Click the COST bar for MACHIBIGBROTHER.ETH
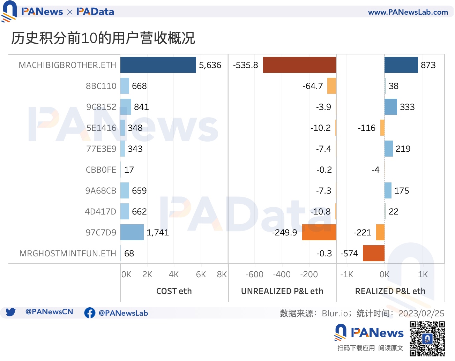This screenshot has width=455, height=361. point(158,65)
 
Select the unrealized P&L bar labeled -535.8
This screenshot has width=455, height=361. point(299,65)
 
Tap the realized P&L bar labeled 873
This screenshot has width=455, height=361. point(401,65)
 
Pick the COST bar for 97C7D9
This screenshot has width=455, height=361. point(132,232)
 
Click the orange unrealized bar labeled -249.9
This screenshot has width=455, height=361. point(319,232)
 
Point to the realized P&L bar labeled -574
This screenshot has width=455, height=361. point(373,253)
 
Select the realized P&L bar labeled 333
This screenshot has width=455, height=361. point(390,107)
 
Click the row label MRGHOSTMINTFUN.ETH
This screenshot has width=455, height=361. point(68,254)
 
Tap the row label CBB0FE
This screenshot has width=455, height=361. point(101,170)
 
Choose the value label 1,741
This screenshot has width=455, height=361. point(158,233)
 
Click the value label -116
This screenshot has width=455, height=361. point(366,128)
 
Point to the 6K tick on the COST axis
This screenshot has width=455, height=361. point(201,274)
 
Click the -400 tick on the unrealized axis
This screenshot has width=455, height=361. point(282,274)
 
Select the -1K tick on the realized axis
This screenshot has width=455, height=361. point(347,274)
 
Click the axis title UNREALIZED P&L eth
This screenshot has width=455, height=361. point(282,291)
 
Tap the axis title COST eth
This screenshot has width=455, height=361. point(174,291)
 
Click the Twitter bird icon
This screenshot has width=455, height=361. point(11,312)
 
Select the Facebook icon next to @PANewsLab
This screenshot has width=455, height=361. point(90,313)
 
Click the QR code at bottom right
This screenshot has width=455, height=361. point(427,339)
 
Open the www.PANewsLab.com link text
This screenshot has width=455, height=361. point(408,12)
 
